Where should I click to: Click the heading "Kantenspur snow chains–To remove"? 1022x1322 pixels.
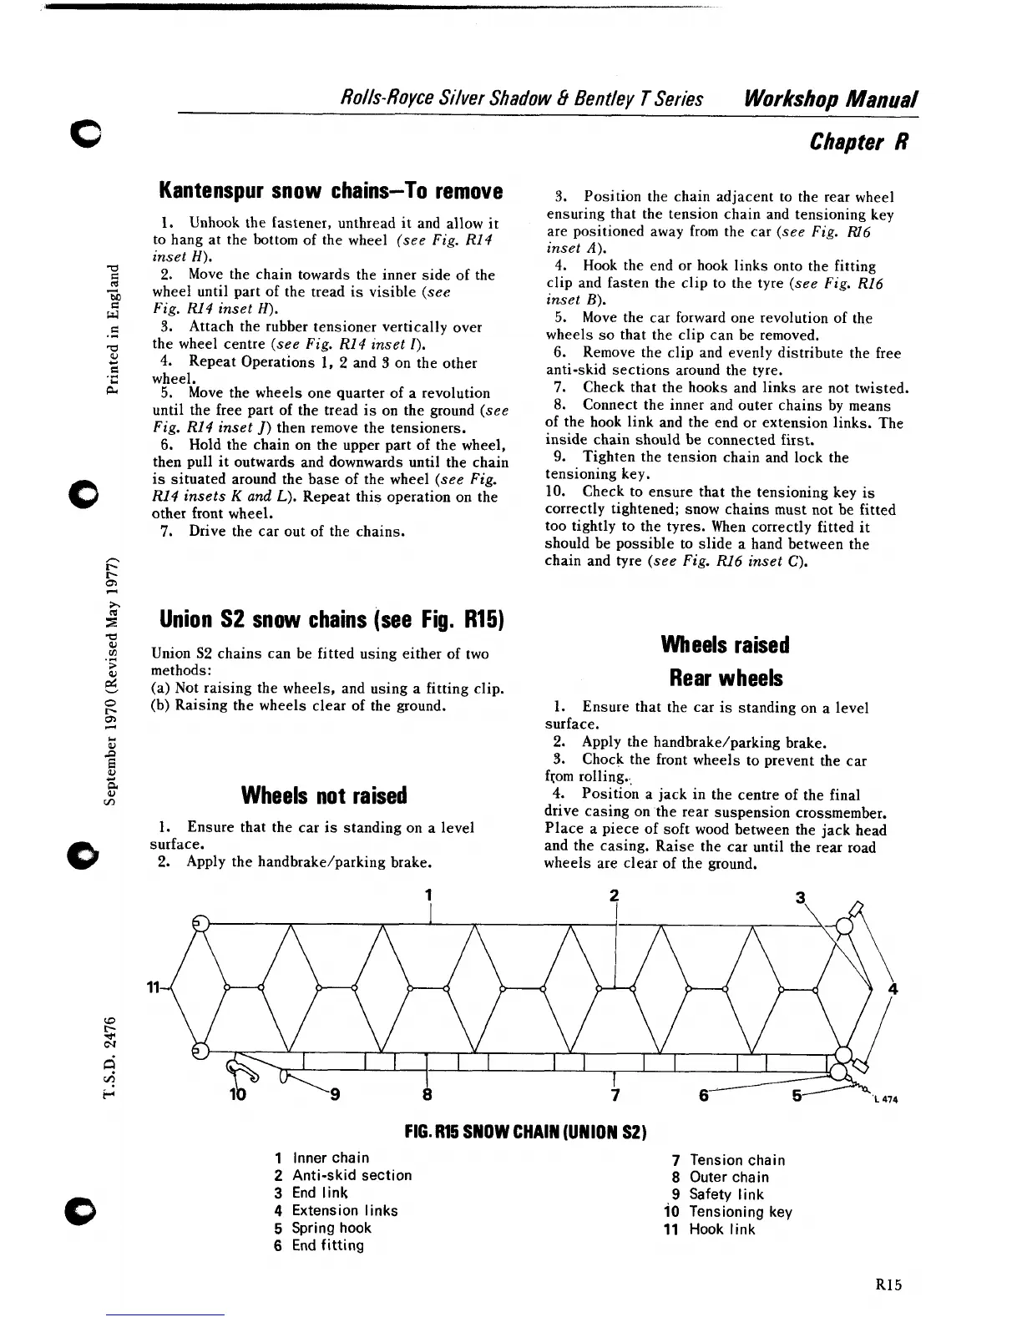tap(331, 191)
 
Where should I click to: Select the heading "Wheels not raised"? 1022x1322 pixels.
tap(324, 795)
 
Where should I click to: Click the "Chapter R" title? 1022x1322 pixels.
tap(858, 143)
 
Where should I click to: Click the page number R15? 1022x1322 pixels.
tap(889, 1285)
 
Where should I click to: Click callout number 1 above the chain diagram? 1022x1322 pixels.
tap(428, 896)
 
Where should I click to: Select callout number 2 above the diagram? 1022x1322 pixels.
tap(614, 896)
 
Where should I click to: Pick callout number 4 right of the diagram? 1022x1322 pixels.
tap(894, 990)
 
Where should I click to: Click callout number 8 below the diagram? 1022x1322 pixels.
tap(427, 1094)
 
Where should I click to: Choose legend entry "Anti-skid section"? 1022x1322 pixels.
tap(352, 1175)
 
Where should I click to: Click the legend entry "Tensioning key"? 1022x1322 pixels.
tap(740, 1212)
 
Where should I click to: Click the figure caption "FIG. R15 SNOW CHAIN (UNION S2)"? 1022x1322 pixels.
tap(527, 1132)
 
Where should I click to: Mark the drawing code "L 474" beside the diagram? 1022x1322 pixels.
tap(886, 1098)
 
